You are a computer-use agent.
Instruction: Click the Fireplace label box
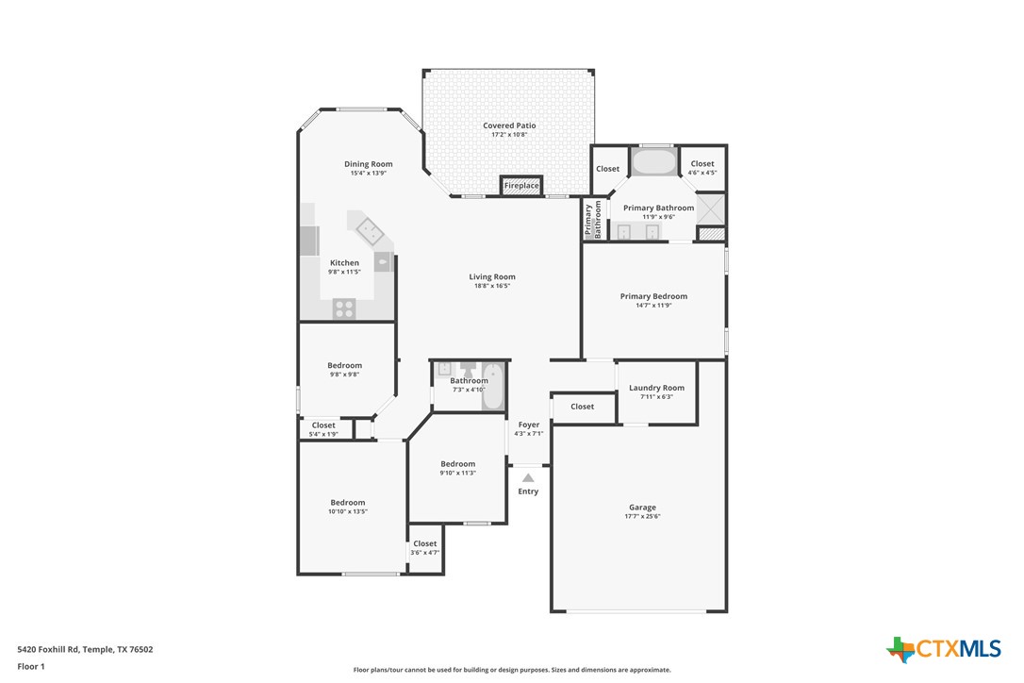click(521, 186)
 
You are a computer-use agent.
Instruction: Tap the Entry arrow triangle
click(528, 478)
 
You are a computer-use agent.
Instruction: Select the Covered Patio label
click(509, 125)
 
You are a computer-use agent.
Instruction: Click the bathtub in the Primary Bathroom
click(653, 161)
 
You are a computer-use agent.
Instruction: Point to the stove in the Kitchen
click(344, 306)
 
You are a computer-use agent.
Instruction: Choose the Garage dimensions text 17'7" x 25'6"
click(642, 517)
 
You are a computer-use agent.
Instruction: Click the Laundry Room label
click(656, 388)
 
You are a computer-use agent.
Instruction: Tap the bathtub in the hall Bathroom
click(493, 387)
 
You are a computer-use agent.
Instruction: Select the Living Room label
click(492, 276)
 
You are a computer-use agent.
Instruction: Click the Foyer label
click(529, 425)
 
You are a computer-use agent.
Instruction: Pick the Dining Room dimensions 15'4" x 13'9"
click(368, 174)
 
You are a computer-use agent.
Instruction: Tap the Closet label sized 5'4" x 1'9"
click(323, 425)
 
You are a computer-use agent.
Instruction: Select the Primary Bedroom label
click(653, 296)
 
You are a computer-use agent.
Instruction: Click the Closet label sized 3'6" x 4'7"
click(425, 543)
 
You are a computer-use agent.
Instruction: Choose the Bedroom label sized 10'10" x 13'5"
click(347, 503)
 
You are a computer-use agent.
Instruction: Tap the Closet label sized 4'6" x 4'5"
click(702, 164)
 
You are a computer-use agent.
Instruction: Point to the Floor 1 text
click(31, 667)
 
